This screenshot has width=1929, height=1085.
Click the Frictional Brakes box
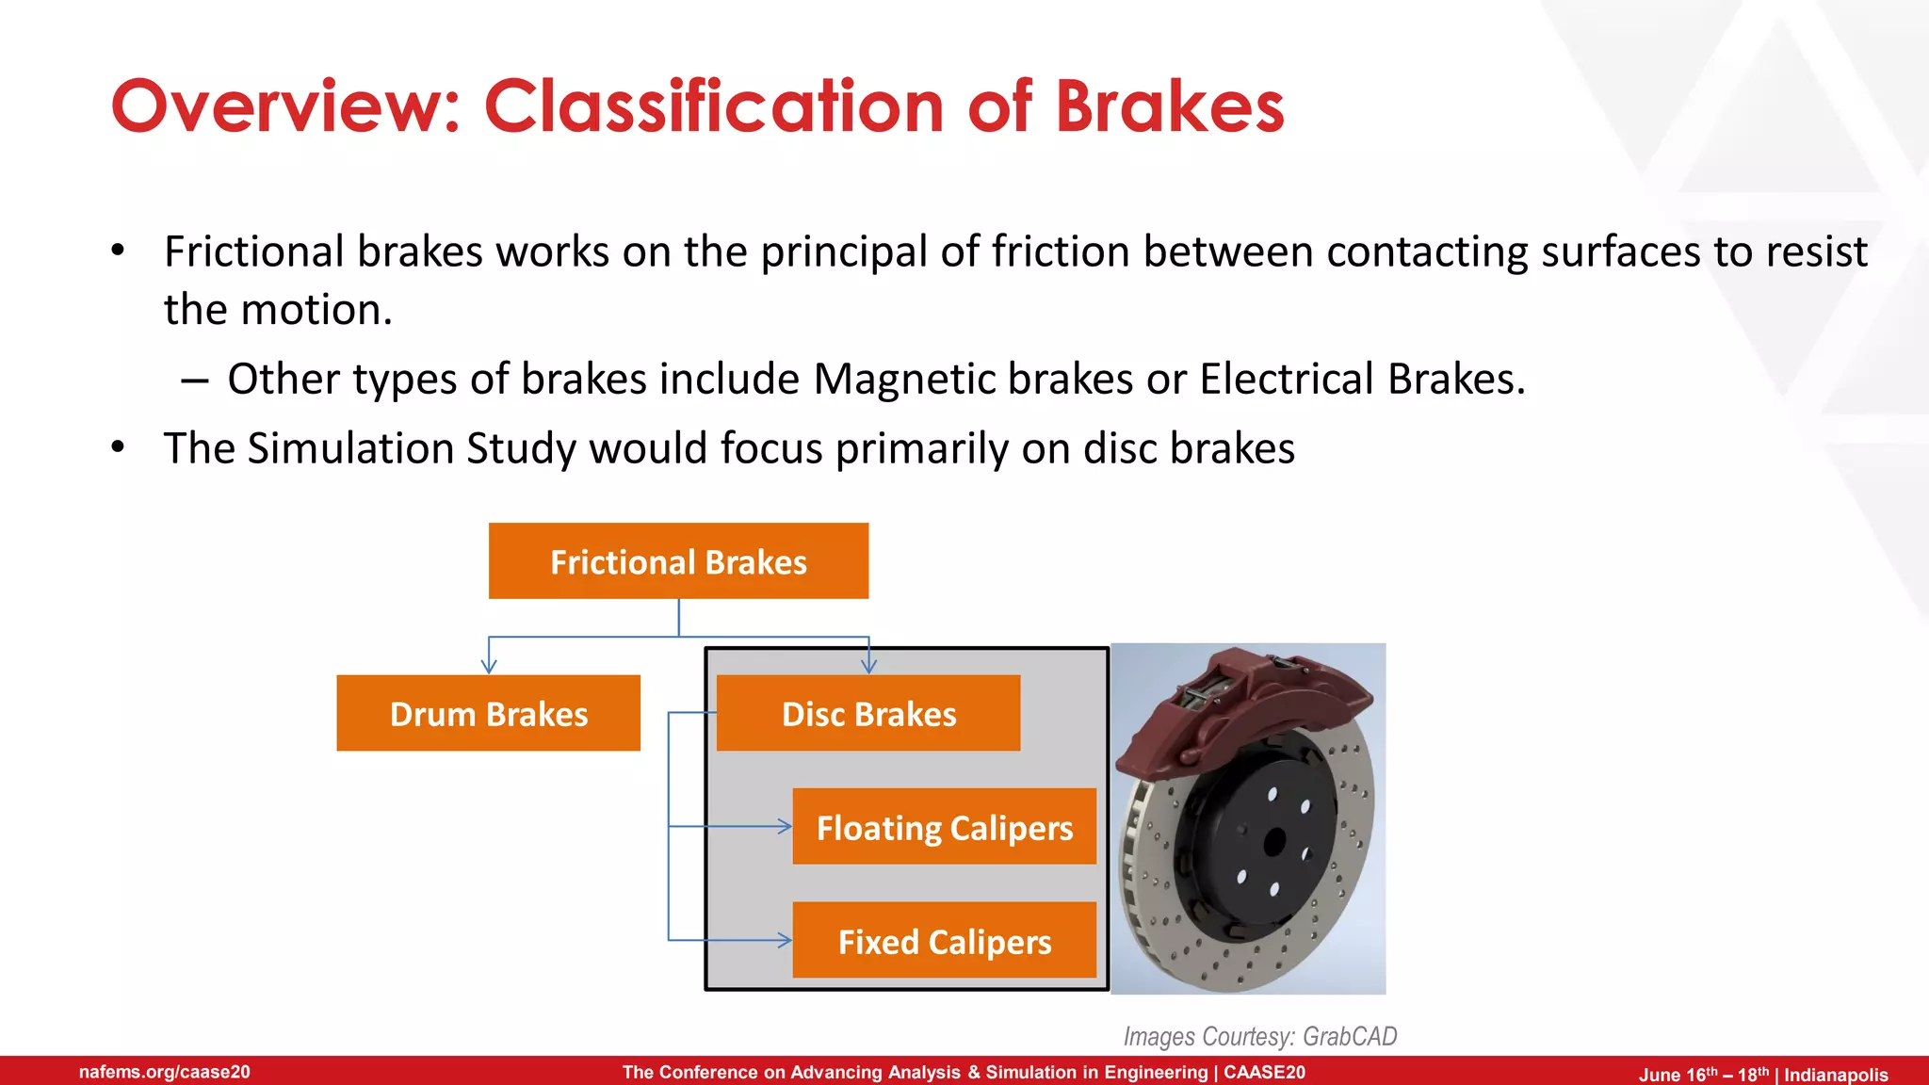(x=678, y=561)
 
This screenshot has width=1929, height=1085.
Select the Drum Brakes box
(x=488, y=713)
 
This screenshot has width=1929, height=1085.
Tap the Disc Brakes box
(x=867, y=713)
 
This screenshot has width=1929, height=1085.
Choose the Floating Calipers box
(x=944, y=827)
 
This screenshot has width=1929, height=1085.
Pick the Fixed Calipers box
(x=944, y=941)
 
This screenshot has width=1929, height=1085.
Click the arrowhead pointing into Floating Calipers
(x=785, y=826)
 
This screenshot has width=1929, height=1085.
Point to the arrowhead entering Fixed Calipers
(x=785, y=940)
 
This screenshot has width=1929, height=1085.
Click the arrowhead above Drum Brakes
(x=488, y=666)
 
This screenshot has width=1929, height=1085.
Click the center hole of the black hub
(x=1274, y=841)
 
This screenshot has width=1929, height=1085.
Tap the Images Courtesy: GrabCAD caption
(x=1259, y=1036)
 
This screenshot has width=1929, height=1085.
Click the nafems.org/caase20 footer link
(x=165, y=1072)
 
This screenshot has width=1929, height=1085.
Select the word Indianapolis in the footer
(x=1836, y=1075)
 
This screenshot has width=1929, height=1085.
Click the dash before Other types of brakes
(x=194, y=381)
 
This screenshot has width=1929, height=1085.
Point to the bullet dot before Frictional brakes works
(x=118, y=251)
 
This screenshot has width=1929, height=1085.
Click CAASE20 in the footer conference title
(x=1264, y=1072)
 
